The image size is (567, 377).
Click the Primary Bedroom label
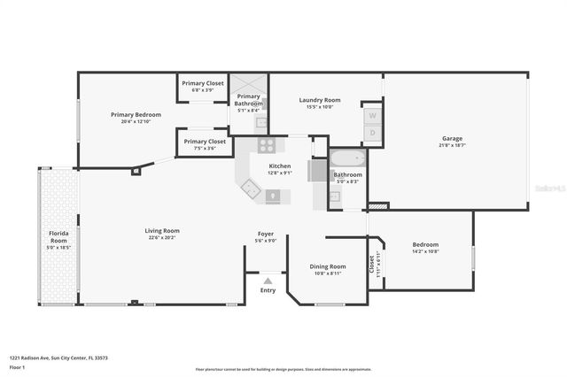[130, 114]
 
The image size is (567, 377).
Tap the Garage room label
[452, 138]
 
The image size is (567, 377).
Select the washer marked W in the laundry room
[372, 116]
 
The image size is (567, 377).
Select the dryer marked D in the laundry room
[372, 133]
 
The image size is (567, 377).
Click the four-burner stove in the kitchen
[266, 145]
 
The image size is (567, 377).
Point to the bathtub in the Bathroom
[346, 161]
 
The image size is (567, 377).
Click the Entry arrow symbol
[268, 281]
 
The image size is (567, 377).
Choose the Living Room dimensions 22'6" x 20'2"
[162, 237]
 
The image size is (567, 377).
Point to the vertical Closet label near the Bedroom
[371, 263]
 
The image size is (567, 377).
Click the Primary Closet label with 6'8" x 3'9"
[203, 83]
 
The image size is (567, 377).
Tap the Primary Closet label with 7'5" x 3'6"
[205, 141]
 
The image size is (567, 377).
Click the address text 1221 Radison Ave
[58, 358]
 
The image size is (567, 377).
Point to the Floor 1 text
[17, 365]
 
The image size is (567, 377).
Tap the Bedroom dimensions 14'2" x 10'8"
[424, 251]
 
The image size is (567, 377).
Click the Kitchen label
[279, 165]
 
